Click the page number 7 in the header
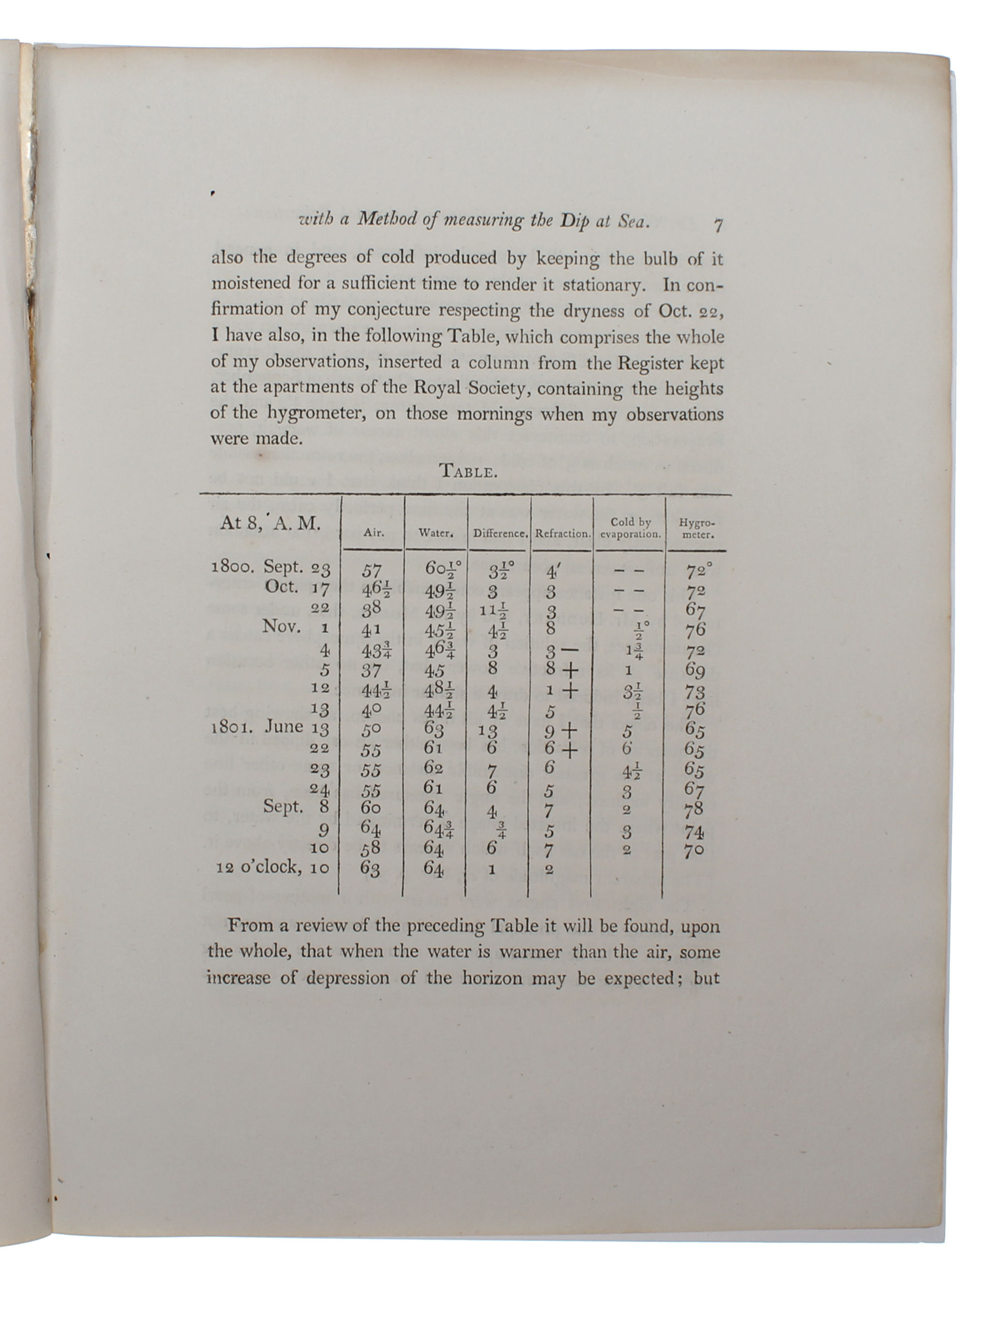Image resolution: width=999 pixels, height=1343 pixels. pos(717,226)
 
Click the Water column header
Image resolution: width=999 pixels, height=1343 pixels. pos(435,533)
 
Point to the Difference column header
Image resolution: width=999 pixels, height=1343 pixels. pos(499,534)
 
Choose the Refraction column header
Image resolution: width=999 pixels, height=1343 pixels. pos(562,534)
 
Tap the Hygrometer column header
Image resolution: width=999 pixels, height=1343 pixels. pos(696,528)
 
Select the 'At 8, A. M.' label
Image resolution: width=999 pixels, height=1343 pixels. pos(270,524)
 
